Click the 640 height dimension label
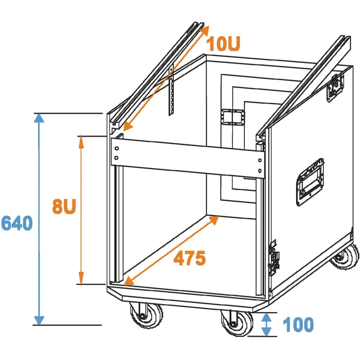click(x=17, y=224)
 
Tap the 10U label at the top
click(x=223, y=44)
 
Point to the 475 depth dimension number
click(x=189, y=258)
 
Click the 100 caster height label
click(x=298, y=325)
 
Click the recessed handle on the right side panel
click(x=310, y=181)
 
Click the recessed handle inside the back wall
click(x=233, y=117)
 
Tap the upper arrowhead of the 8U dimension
click(x=81, y=141)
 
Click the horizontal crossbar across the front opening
click(x=187, y=157)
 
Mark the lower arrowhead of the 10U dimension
click(x=126, y=127)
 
